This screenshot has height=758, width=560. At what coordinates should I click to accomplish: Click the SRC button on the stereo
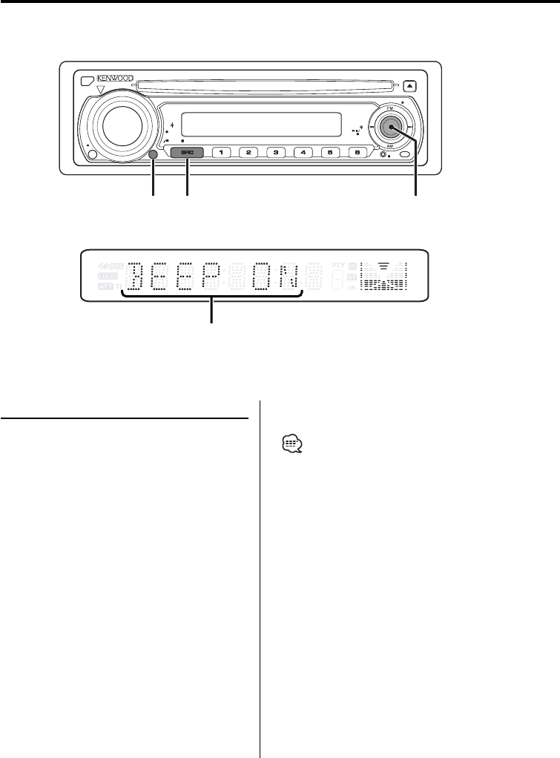click(187, 154)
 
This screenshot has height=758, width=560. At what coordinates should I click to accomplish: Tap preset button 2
click(248, 154)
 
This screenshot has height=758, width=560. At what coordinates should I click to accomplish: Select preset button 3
click(276, 154)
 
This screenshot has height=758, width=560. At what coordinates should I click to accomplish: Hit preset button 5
click(330, 154)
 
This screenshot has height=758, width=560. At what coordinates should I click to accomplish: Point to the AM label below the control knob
click(390, 147)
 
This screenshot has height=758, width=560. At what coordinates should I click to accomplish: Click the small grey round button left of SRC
click(154, 154)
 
